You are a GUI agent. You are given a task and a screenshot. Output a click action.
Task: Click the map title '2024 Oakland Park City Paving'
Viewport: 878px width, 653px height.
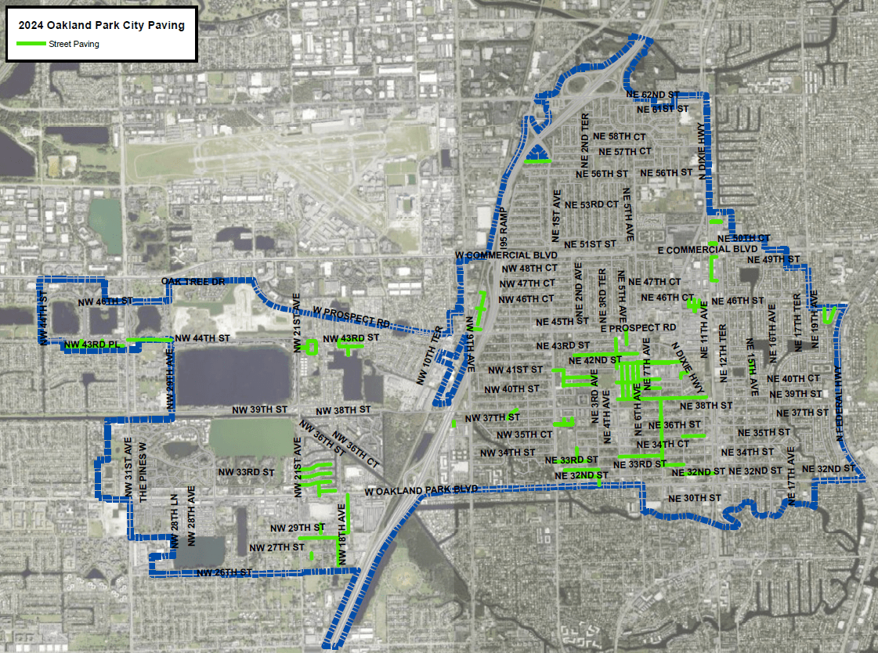pyautogui.click(x=102, y=25)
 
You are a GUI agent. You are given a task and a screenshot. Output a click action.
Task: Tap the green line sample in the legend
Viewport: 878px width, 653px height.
pyautogui.click(x=31, y=44)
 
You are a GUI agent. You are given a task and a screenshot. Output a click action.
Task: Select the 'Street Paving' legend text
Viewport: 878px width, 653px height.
pyautogui.click(x=74, y=45)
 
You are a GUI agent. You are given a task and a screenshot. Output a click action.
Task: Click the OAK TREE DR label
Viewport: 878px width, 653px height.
pyautogui.click(x=192, y=281)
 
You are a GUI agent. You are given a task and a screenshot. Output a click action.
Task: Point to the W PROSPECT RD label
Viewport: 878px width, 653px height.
pyautogui.click(x=351, y=317)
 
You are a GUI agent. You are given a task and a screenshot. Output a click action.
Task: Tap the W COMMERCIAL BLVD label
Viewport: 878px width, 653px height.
pyautogui.click(x=506, y=255)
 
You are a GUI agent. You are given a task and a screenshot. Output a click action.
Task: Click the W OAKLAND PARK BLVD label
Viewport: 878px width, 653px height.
pyautogui.click(x=421, y=491)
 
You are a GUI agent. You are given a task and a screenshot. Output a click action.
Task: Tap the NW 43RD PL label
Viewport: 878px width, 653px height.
pyautogui.click(x=91, y=345)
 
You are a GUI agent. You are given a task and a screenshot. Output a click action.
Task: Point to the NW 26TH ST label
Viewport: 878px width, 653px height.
pyautogui.click(x=224, y=572)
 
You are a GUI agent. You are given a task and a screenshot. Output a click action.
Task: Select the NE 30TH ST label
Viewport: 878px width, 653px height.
pyautogui.click(x=695, y=498)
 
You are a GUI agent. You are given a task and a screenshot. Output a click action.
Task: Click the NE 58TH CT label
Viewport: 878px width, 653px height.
pyautogui.click(x=621, y=136)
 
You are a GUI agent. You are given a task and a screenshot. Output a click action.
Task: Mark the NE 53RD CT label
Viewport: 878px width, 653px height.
pyautogui.click(x=593, y=204)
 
